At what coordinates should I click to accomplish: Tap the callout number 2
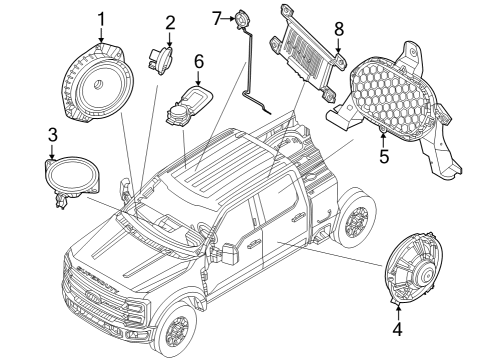170,22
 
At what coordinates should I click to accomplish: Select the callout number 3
52,135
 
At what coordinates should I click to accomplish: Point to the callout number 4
397,328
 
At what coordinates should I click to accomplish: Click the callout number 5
381,156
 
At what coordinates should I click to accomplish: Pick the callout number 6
198,62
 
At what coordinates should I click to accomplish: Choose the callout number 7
217,17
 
